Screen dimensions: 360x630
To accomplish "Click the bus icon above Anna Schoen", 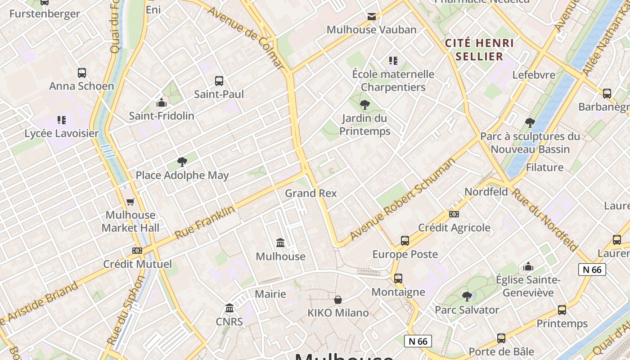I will coord(81,72).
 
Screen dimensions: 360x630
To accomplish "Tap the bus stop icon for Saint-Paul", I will coord(219,81).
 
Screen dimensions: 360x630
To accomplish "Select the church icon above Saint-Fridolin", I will coord(161,103).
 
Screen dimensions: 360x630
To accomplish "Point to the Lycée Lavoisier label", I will coord(61,133).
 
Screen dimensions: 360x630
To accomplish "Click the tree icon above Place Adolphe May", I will coord(182,162).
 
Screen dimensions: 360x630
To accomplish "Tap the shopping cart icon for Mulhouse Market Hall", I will coord(130,202).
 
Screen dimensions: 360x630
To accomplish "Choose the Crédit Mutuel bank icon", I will coord(137,251).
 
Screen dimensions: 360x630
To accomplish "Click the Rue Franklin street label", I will coord(205,223).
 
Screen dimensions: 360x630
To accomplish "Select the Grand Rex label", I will coord(310,193).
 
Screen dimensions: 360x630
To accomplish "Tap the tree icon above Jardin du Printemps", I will coord(364,105).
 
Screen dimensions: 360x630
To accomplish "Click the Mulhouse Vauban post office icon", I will coord(372,17).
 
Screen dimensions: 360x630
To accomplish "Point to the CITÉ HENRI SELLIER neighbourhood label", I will coord(479,49).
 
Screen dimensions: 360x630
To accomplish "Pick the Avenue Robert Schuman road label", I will coord(403,199).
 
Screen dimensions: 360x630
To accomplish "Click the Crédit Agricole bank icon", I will coord(454,214).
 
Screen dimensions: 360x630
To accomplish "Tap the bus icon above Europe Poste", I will coord(405,241).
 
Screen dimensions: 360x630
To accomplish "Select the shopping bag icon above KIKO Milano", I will coord(338,300).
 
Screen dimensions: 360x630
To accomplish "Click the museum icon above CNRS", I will coord(229,308).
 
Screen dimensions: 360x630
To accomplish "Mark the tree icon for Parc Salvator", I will coord(467,297).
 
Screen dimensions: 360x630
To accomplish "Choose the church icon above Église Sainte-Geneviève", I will coord(528,267).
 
